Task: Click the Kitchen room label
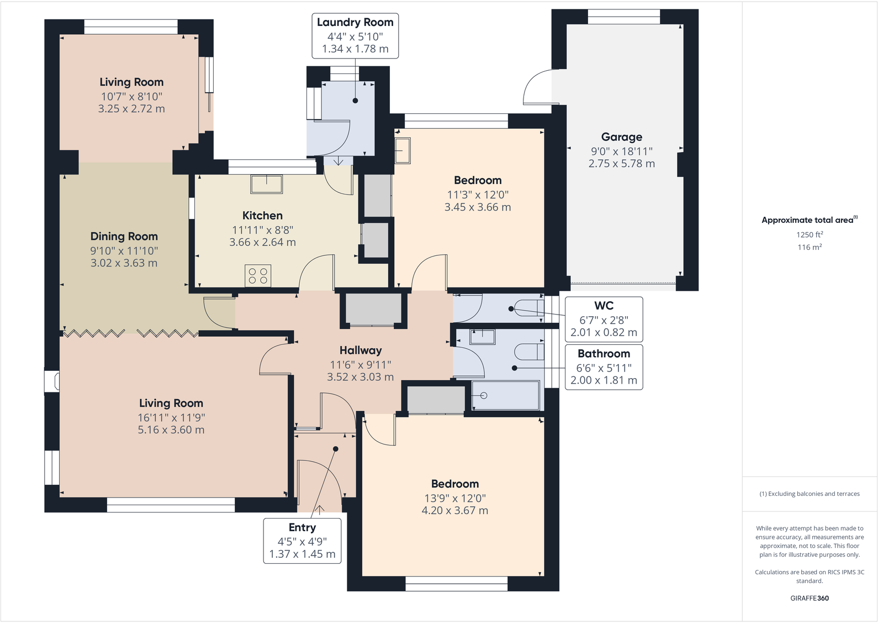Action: click(262, 216)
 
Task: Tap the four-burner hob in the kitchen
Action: click(258, 276)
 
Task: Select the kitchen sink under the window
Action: click(267, 184)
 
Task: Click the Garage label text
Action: click(621, 137)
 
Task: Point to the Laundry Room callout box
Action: click(355, 35)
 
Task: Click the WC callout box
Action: click(604, 319)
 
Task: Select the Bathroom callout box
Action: click(604, 367)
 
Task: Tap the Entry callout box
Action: click(302, 541)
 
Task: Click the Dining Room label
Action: click(124, 237)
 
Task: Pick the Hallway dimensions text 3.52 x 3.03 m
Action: click(360, 377)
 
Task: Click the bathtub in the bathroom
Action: click(506, 396)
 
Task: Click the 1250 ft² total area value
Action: click(809, 235)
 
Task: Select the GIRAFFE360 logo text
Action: click(809, 598)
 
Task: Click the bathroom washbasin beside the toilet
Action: click(482, 336)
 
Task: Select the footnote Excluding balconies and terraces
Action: click(809, 494)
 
